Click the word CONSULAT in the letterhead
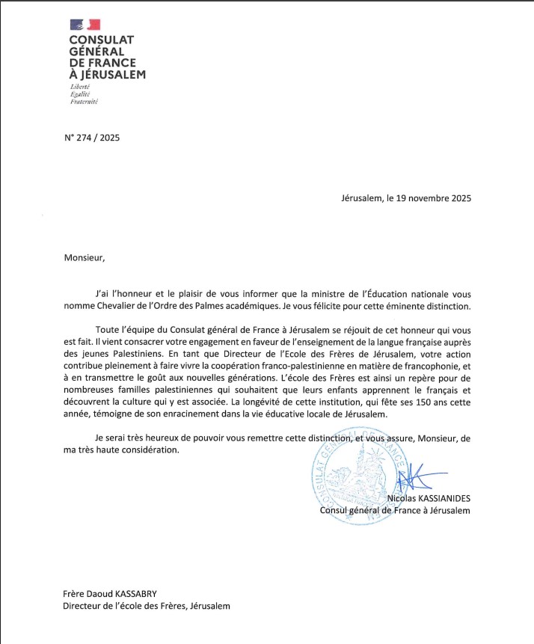[101, 41]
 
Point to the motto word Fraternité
[84, 101]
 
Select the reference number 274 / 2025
[97, 138]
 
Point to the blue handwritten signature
[416, 479]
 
